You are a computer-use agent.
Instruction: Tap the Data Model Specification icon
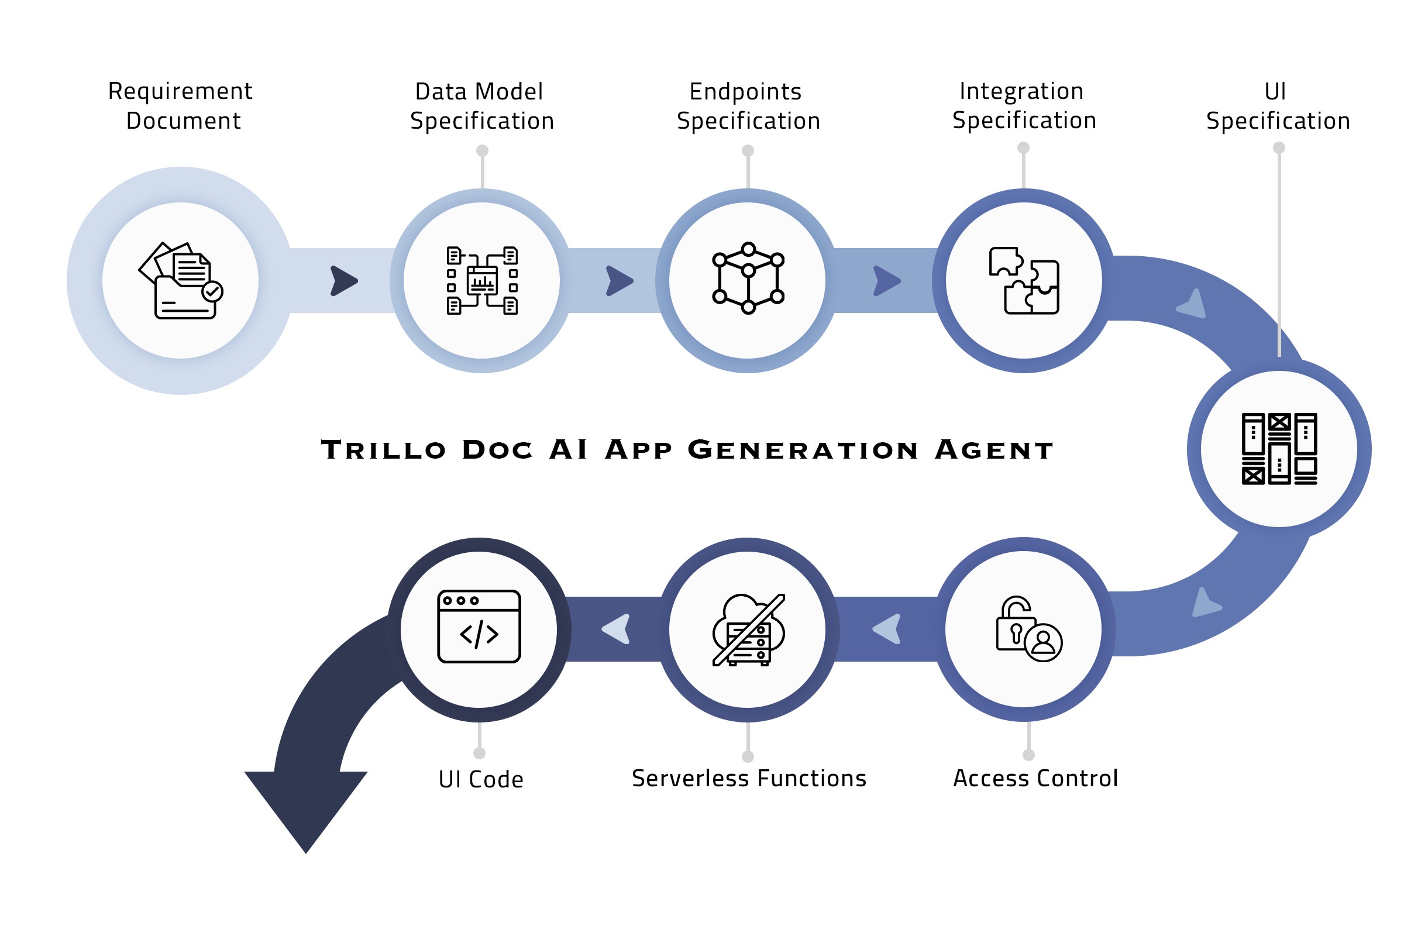[482, 281]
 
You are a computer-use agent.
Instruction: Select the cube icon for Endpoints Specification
[748, 278]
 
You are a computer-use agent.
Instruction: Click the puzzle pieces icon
[1024, 281]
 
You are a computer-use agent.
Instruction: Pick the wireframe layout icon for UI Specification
[1279, 449]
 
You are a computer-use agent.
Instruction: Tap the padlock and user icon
[1028, 629]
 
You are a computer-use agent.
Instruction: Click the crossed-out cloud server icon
[748, 630]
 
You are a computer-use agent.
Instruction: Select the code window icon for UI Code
[479, 627]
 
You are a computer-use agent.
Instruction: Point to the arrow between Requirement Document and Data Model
[344, 281]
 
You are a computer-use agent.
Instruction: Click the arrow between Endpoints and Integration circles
[887, 281]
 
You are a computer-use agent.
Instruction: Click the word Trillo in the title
[383, 450]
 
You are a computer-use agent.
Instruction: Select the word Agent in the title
[994, 450]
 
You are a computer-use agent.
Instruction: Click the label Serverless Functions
[749, 779]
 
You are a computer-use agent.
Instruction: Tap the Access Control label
[1035, 779]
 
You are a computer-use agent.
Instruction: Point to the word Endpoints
[745, 91]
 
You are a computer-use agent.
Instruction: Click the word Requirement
[180, 91]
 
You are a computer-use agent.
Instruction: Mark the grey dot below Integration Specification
[1023, 147]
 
